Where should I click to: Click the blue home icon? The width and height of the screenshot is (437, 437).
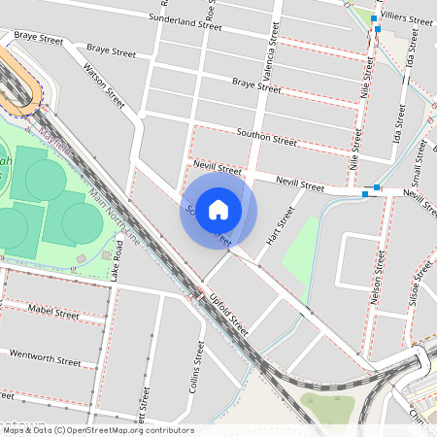[x=218, y=210]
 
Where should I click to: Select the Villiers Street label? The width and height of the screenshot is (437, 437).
[x=407, y=18]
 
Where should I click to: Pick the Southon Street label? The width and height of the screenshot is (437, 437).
[x=266, y=136]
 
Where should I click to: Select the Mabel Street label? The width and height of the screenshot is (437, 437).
[x=54, y=313]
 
